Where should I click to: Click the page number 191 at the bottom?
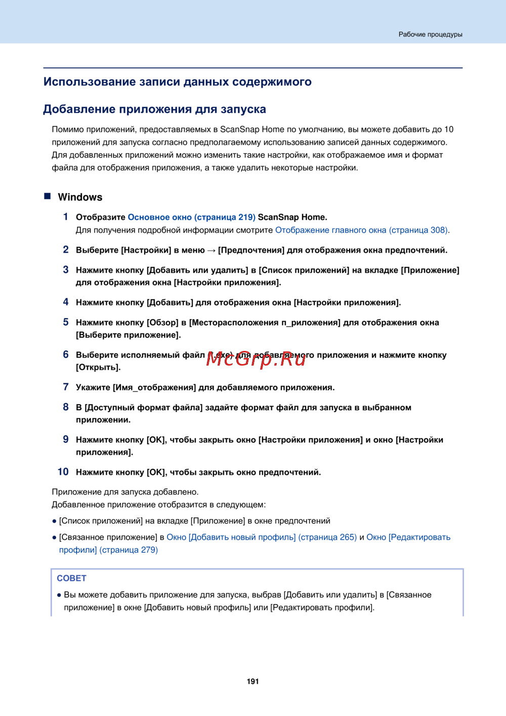click(252, 682)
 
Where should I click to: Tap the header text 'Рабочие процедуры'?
click(430, 34)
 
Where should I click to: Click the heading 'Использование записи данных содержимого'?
click(177, 82)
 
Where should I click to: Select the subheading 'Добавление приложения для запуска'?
click(154, 109)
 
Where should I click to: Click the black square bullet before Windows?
click(48, 196)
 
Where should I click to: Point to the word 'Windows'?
click(80, 197)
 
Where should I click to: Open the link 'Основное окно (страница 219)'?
click(191, 217)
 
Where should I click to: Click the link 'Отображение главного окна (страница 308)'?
click(361, 230)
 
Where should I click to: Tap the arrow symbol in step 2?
click(211, 250)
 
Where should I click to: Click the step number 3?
click(66, 270)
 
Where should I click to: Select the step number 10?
click(63, 472)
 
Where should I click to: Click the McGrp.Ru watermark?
click(257, 359)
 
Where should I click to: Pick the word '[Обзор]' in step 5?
click(162, 323)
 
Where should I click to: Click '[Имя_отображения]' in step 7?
click(154, 387)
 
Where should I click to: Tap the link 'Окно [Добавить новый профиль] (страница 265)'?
click(262, 537)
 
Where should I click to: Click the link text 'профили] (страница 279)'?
click(108, 550)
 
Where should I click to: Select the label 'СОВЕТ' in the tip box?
click(71, 578)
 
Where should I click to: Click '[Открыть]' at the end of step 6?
click(98, 368)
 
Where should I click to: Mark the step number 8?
click(66, 407)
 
